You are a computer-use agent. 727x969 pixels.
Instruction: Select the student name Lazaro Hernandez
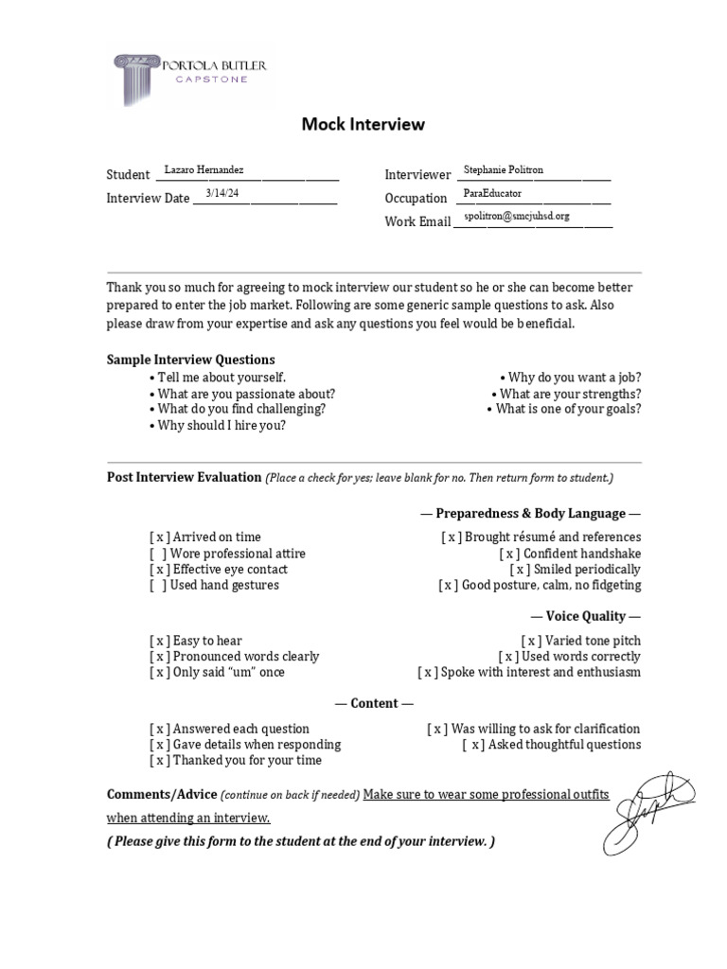204,169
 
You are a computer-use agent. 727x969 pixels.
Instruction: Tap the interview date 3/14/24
222,193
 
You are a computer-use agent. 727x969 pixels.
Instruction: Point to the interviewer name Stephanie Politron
503,169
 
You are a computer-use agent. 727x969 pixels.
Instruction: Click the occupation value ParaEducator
492,193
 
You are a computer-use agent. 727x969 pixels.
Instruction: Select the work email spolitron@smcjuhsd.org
516,217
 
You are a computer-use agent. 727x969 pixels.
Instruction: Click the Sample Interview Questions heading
190,360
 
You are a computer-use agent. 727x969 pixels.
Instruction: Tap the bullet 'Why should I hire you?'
222,425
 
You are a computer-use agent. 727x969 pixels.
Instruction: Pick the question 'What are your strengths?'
570,394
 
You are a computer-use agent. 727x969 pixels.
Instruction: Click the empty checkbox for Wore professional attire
159,554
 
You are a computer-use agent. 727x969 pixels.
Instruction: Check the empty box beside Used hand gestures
159,585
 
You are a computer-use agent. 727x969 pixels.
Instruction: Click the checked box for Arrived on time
159,537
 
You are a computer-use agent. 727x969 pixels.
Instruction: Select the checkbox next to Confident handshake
509,554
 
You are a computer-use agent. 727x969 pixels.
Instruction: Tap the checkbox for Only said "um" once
159,672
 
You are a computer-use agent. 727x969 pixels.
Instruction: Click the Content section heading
374,703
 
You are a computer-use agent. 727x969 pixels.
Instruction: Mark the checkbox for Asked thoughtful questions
472,745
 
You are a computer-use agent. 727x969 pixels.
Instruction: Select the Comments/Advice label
162,794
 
